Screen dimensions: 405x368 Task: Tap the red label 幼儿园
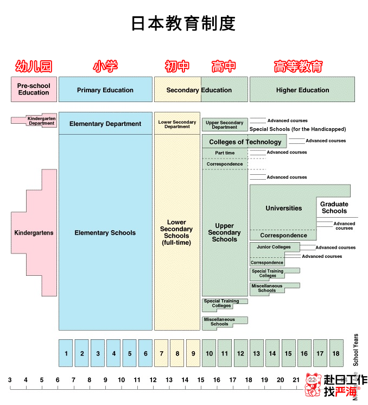tap(34, 66)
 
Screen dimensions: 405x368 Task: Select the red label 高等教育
tap(299, 66)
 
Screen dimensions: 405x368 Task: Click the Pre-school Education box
tap(34, 89)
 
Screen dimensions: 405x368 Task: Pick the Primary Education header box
tap(105, 90)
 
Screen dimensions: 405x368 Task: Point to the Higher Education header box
tap(302, 90)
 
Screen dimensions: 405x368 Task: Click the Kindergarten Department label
tap(41, 121)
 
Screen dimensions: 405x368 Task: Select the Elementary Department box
tap(105, 124)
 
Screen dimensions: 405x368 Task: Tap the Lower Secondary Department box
tap(177, 124)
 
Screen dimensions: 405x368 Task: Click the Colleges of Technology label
tap(245, 142)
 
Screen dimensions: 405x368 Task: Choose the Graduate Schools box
tap(334, 207)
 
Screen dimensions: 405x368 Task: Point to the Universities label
tap(283, 208)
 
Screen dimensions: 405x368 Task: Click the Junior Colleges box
tap(274, 247)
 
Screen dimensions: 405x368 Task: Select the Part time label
tap(225, 153)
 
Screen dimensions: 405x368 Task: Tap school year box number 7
tap(161, 353)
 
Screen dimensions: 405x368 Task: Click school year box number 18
tap(336, 353)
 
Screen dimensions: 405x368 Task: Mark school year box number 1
tap(66, 353)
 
